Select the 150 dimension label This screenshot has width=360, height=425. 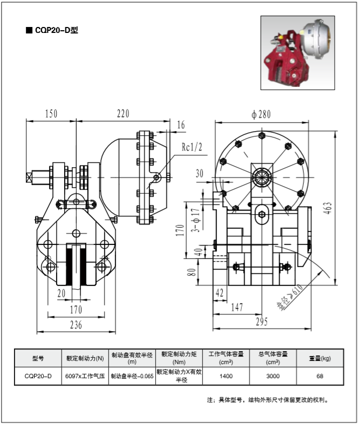pos(51,113)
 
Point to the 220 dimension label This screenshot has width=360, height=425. pos(124,113)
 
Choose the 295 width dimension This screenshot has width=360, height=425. pos(261,322)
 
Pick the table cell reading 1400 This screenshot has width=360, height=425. pos(226,376)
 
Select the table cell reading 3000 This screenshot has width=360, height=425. pos(273,376)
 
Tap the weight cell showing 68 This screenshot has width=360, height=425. pos(320,376)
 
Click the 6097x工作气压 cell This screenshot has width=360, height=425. pos(85,376)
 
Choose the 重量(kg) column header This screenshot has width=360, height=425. pos(320,358)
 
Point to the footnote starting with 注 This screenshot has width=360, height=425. pos(268,400)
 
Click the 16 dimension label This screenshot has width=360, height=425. pos(181,125)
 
